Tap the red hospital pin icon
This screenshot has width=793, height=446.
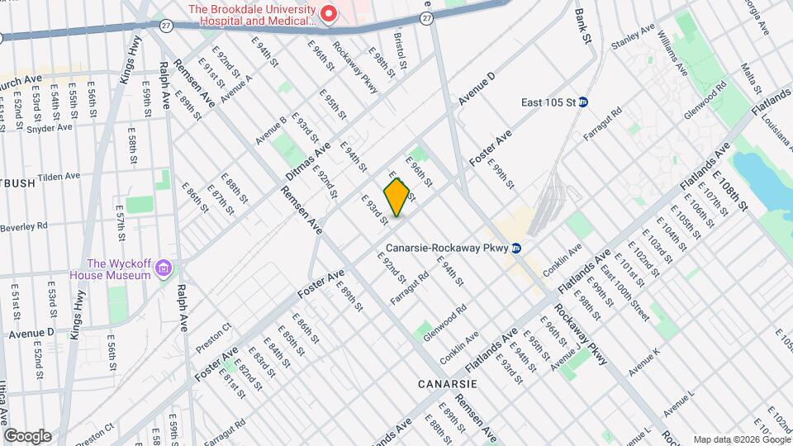click(x=328, y=13)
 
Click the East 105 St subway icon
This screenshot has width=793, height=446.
click(x=583, y=102)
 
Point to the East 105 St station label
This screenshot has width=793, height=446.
click(x=548, y=102)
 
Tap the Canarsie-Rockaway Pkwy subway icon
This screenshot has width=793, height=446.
click(x=516, y=248)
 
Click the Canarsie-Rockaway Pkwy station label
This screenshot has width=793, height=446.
click(x=445, y=248)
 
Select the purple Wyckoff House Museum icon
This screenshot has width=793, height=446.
click(x=164, y=268)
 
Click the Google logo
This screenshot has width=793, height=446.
click(x=27, y=435)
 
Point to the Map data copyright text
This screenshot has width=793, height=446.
click(x=740, y=439)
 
